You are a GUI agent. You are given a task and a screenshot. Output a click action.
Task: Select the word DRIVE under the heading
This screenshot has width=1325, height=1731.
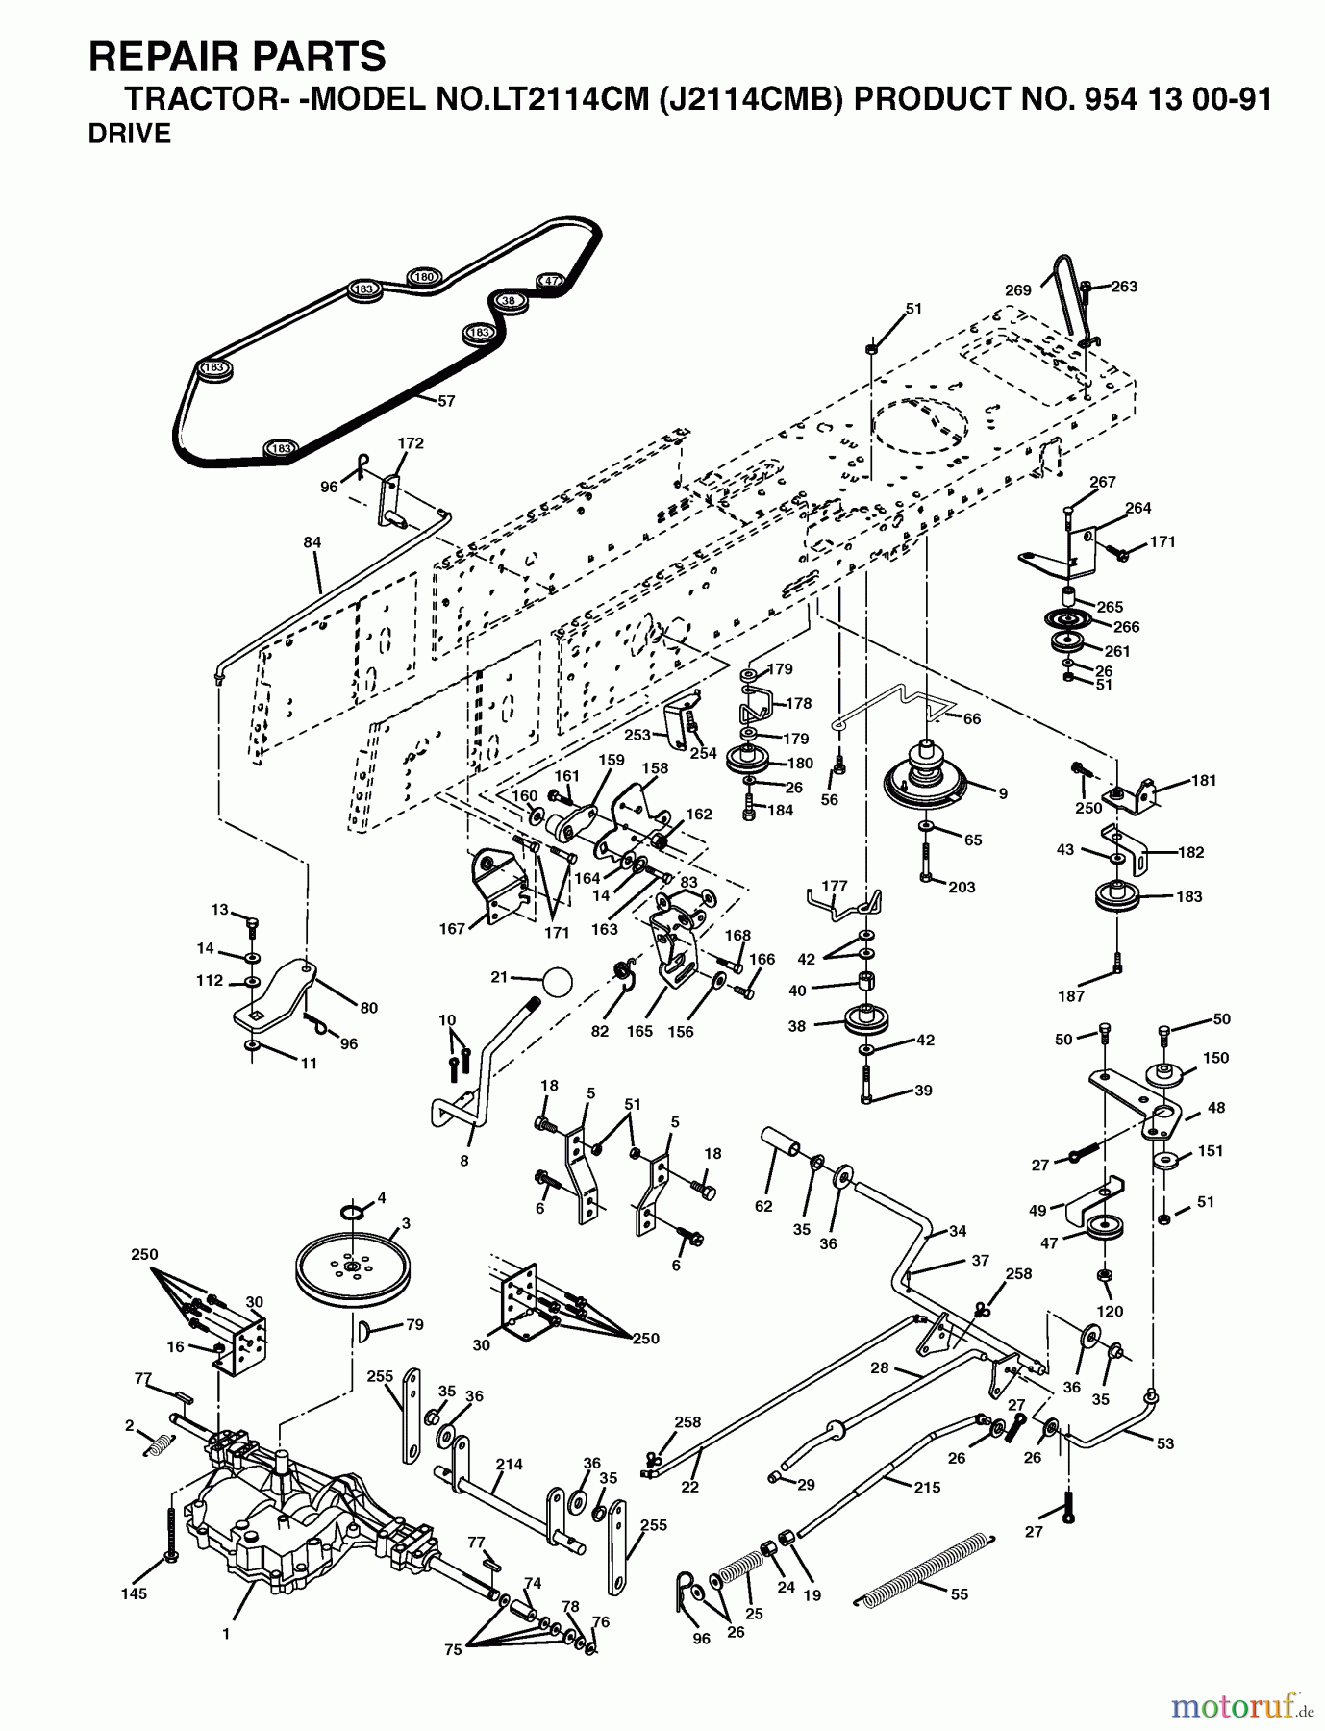(130, 135)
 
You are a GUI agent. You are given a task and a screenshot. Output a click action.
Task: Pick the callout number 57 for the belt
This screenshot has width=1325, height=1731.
(446, 401)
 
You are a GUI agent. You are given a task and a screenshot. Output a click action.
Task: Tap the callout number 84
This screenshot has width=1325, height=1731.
(312, 542)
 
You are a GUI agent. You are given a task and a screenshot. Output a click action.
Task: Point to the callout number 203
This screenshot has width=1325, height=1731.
(962, 887)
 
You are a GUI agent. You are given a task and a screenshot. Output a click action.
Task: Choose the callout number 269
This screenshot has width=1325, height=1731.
(1017, 290)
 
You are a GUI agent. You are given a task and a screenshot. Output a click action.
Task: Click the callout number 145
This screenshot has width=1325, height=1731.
(135, 1593)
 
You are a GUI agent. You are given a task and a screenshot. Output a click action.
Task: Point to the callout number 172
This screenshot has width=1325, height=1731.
(411, 443)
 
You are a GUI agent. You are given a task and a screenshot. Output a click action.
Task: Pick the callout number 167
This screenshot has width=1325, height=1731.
(452, 928)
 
